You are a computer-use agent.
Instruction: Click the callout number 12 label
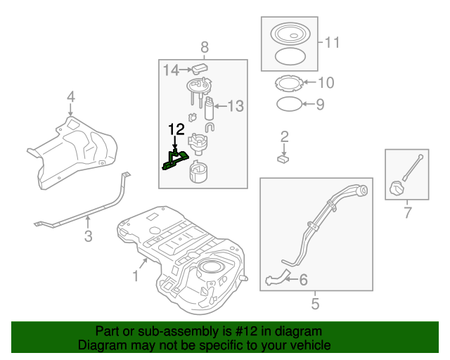(x=176, y=129)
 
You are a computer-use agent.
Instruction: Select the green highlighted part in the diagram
(x=174, y=161)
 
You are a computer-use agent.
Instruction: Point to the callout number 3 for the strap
(x=70, y=96)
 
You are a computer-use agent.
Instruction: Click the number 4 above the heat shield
(x=315, y=304)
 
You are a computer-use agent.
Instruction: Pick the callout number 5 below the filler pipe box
(x=303, y=281)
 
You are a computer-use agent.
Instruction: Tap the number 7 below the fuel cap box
(x=205, y=47)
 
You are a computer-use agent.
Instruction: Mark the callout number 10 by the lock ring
(x=331, y=43)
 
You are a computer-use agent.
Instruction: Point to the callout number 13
(x=235, y=106)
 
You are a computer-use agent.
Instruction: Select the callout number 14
(x=172, y=70)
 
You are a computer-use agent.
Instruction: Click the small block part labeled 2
(x=284, y=159)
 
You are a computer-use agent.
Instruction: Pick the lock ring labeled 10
(x=287, y=84)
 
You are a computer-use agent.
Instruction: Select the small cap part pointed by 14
(x=201, y=69)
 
